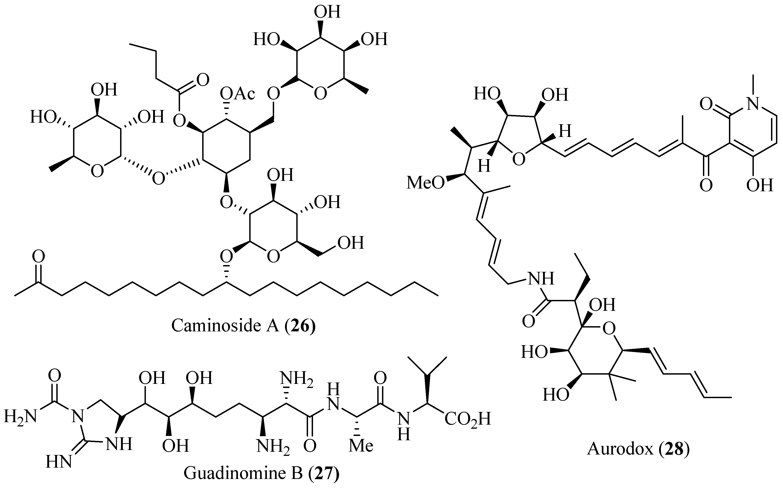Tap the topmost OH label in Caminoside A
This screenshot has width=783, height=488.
click(x=327, y=12)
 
